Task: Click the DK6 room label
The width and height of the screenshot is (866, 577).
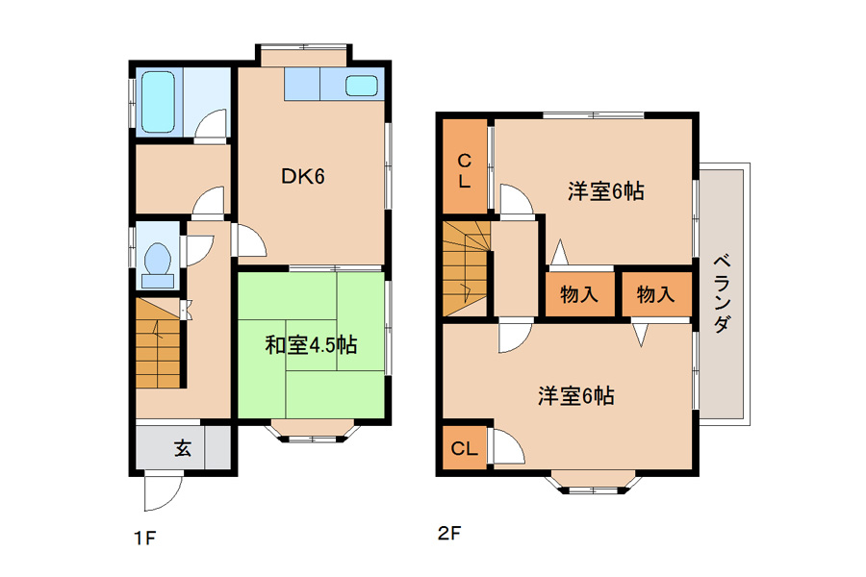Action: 303,176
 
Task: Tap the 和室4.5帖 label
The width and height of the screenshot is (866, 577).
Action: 311,345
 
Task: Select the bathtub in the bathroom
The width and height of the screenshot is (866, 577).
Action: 159,102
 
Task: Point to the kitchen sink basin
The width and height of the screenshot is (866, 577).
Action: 362,86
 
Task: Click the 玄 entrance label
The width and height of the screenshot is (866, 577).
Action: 183,448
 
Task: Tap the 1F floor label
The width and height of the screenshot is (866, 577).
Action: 144,538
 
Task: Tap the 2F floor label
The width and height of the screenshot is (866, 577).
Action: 449,534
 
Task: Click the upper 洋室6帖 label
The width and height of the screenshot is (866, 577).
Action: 606,191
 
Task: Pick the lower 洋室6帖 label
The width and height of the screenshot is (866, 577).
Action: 576,396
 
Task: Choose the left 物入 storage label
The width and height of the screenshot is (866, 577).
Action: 579,294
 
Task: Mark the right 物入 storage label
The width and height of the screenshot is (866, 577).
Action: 655,294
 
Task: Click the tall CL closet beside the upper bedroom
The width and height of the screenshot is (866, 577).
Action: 465,166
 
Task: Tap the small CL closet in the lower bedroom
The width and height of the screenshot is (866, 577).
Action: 465,448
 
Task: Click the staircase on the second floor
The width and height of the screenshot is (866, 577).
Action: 466,268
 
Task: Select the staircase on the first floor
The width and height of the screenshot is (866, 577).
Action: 158,343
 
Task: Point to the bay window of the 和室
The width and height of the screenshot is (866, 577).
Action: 312,433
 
